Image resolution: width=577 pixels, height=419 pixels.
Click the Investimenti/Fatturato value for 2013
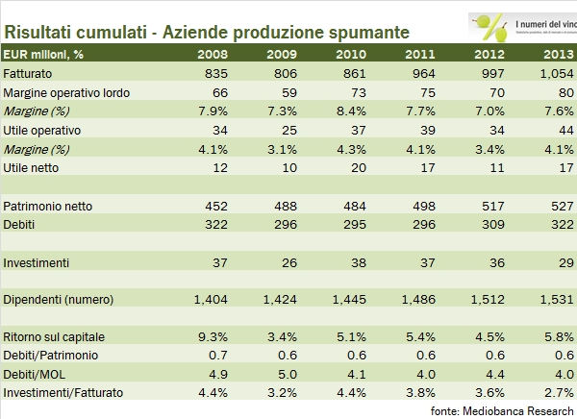558,393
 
